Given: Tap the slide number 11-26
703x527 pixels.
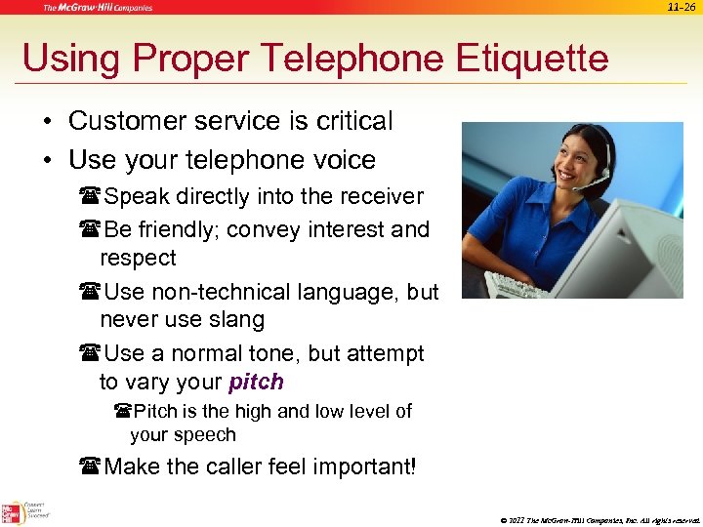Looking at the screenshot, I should point(682,7).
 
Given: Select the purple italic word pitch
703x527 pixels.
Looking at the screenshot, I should point(256,382).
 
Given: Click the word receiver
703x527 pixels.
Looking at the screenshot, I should point(379,196).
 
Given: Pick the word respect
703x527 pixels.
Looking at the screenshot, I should point(138,258).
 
